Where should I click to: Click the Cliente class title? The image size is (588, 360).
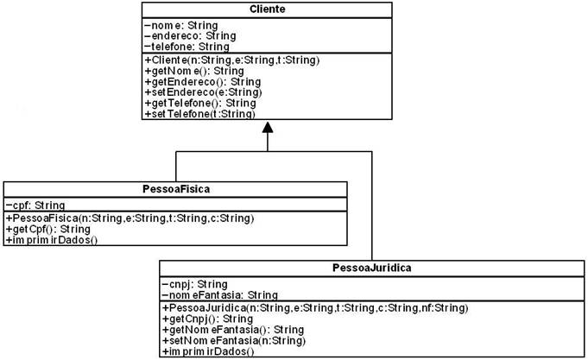267,9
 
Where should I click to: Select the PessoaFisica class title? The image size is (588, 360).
176,189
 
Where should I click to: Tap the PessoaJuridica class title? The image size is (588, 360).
371,268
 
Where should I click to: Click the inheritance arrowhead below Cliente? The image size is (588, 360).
268,127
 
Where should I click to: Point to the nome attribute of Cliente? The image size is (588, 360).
180,26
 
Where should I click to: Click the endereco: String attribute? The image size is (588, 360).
190,36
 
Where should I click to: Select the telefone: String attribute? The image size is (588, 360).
187,47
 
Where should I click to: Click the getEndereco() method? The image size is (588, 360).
203,82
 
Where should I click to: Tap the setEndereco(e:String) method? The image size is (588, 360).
203,92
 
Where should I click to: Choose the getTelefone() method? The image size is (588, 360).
200,103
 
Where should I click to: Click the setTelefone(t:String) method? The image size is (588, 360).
199,114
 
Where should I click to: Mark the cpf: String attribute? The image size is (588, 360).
35,205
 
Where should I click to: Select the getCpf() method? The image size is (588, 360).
48,229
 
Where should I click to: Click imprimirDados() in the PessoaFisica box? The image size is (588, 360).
52,240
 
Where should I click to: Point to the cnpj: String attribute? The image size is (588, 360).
194,284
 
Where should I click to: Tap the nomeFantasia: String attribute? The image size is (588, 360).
220,295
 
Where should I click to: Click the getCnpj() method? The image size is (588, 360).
207,319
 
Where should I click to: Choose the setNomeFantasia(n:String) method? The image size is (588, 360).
234,341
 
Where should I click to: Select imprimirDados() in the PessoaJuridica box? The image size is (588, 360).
208,351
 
